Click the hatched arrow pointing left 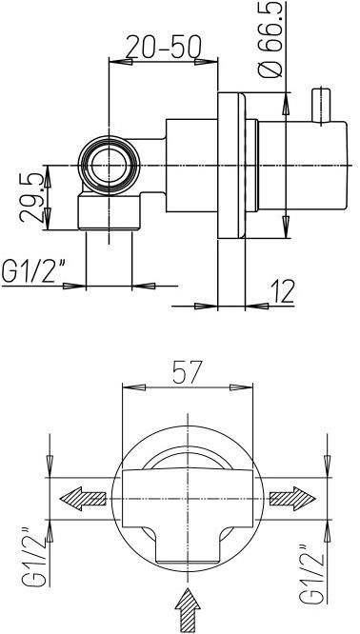tap(84, 497)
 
